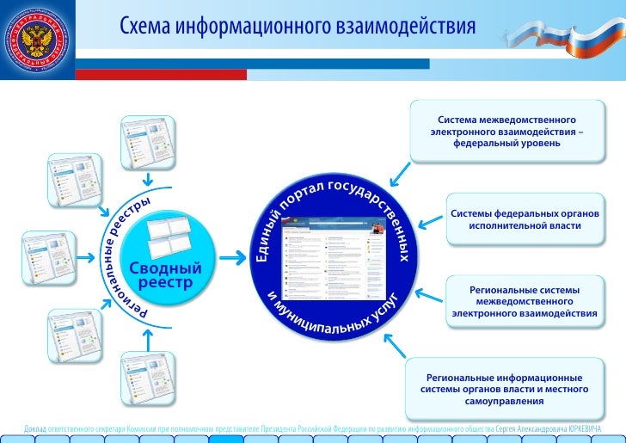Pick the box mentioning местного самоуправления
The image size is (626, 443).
(504, 390)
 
